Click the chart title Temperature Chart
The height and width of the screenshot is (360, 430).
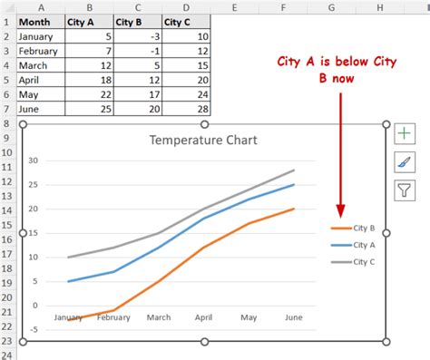pyautogui.click(x=203, y=140)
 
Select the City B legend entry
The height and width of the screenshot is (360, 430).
pyautogui.click(x=354, y=229)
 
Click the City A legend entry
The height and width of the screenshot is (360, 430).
pyautogui.click(x=354, y=245)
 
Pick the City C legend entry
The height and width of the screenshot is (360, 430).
pyautogui.click(x=354, y=261)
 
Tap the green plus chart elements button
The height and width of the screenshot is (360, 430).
pyautogui.click(x=404, y=134)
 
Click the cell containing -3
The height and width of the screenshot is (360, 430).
pyautogui.click(x=137, y=36)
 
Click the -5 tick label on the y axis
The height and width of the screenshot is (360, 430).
pyautogui.click(x=33, y=329)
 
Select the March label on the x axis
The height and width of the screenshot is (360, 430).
pyautogui.click(x=159, y=317)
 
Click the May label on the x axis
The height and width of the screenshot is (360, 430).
pyautogui.click(x=249, y=317)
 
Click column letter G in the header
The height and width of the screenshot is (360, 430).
pyautogui.click(x=332, y=6)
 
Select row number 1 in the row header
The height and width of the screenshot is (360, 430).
pyautogui.click(x=6, y=21)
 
